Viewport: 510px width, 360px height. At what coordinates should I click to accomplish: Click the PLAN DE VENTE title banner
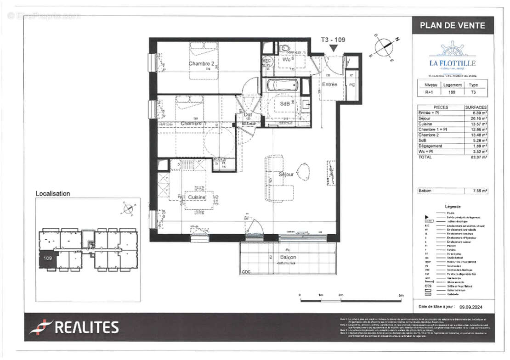point(452,26)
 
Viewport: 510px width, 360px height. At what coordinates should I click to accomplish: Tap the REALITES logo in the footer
point(74,327)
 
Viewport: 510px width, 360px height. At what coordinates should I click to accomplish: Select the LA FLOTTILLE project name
point(452,63)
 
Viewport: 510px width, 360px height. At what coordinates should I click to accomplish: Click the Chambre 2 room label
point(202,64)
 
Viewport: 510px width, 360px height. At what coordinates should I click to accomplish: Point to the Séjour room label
point(286,174)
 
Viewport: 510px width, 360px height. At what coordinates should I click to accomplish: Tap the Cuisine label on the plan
point(197,197)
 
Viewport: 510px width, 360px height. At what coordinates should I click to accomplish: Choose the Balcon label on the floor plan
point(288,257)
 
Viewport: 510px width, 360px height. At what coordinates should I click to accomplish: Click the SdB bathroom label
point(285,104)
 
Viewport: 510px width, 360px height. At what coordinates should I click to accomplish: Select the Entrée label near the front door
point(329,84)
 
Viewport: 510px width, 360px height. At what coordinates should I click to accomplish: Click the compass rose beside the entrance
point(384,47)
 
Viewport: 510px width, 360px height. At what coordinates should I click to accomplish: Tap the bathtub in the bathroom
point(283,85)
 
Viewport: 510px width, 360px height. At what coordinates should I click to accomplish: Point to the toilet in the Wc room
point(284,49)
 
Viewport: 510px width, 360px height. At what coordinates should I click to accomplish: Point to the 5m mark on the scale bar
point(401,295)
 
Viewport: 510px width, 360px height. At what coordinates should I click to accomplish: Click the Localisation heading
point(53,194)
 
